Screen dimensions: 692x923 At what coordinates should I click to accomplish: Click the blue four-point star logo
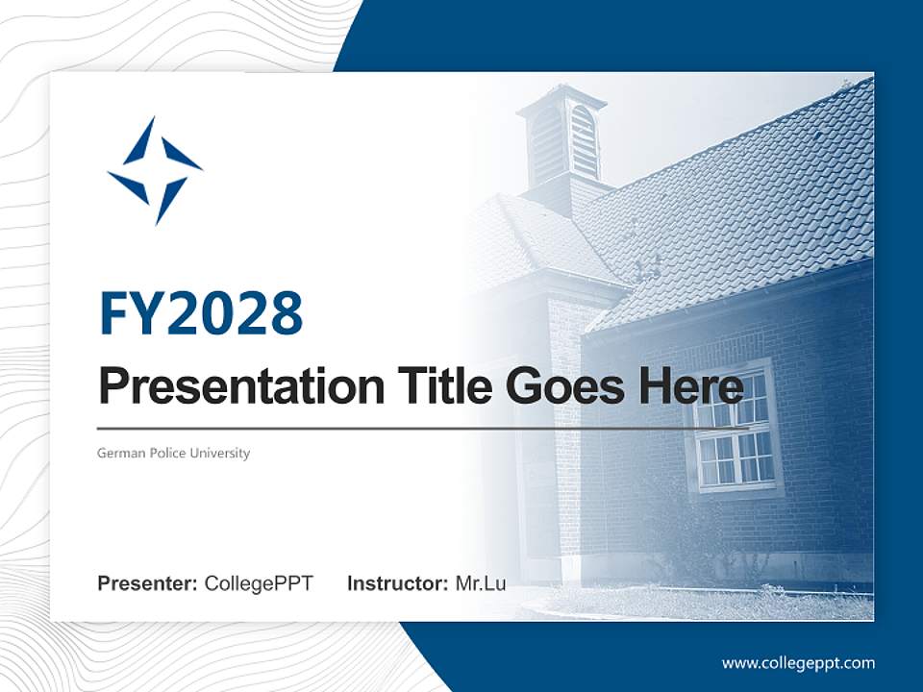pos(155,171)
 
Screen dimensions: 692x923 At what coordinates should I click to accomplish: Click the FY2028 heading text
pos(201,313)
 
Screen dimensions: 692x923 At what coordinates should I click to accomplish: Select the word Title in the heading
pos(439,387)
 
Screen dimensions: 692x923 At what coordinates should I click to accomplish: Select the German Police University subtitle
pos(173,453)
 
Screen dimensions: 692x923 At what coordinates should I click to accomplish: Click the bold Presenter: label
pos(148,583)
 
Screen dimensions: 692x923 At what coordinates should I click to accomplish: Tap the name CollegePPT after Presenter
pos(259,583)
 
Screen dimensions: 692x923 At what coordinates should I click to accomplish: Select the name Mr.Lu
pos(481,583)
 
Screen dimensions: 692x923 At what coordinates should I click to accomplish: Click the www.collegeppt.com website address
pos(798,663)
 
